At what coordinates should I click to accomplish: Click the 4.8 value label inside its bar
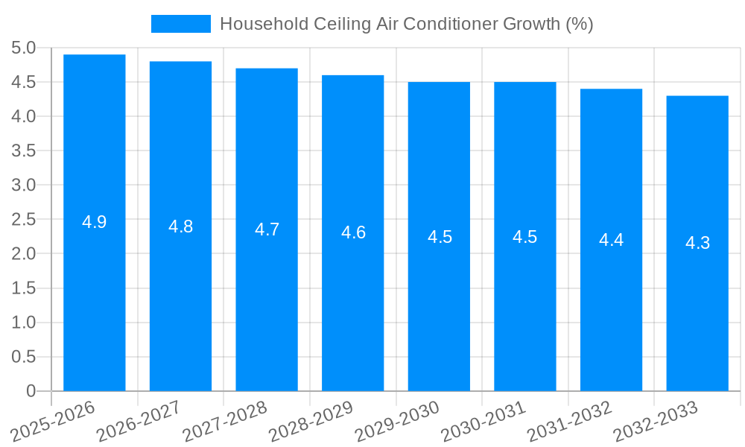point(181,227)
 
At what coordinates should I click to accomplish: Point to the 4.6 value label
point(353,232)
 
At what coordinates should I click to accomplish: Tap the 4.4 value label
point(611,240)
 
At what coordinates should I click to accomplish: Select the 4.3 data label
point(697,243)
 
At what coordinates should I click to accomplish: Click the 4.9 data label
point(95,222)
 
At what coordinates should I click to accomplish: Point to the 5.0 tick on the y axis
point(24,48)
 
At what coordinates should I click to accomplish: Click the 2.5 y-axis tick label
point(24,220)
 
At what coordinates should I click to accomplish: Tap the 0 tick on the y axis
point(31,391)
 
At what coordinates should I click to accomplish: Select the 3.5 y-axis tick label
point(24,151)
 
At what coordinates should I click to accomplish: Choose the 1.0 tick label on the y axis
point(24,323)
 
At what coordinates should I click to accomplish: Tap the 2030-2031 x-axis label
point(484,422)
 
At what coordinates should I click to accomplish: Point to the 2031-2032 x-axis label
point(570,422)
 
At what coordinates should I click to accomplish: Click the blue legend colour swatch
point(181,24)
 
